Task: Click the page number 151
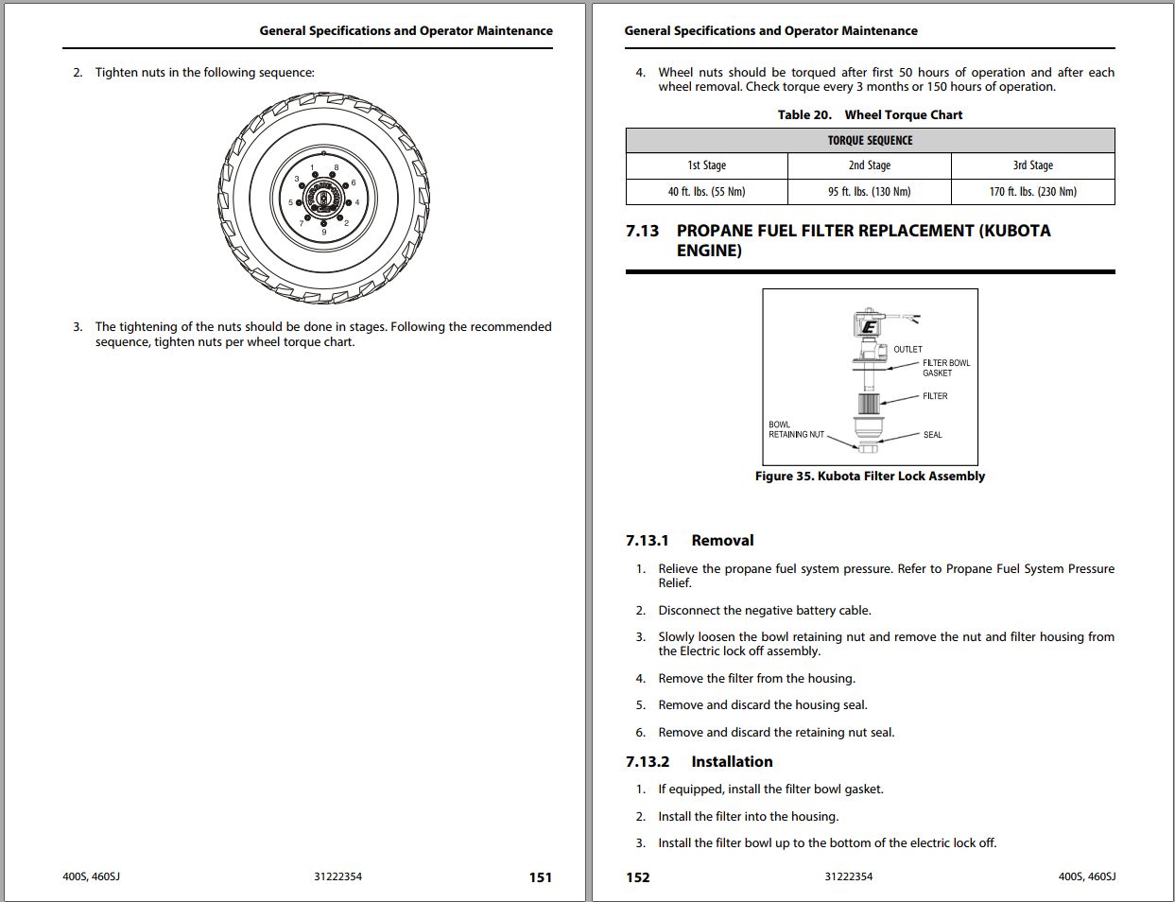coord(540,877)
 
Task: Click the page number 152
coord(638,877)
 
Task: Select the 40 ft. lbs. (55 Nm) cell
coord(706,192)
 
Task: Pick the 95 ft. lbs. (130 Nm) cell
coord(869,192)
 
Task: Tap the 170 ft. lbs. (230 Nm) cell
coord(1032,192)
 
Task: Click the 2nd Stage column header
coord(869,165)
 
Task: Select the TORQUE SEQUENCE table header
coord(870,141)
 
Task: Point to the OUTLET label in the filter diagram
coord(907,350)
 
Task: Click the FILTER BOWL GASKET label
coord(945,368)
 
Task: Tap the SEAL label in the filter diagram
coord(932,435)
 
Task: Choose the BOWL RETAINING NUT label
coord(796,430)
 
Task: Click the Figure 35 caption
coord(870,477)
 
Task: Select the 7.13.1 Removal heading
coord(689,541)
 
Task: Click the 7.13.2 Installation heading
coord(699,762)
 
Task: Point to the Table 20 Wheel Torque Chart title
coord(870,115)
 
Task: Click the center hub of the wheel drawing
coord(324,199)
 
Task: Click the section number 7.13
coord(643,231)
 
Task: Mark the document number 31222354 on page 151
coord(337,877)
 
